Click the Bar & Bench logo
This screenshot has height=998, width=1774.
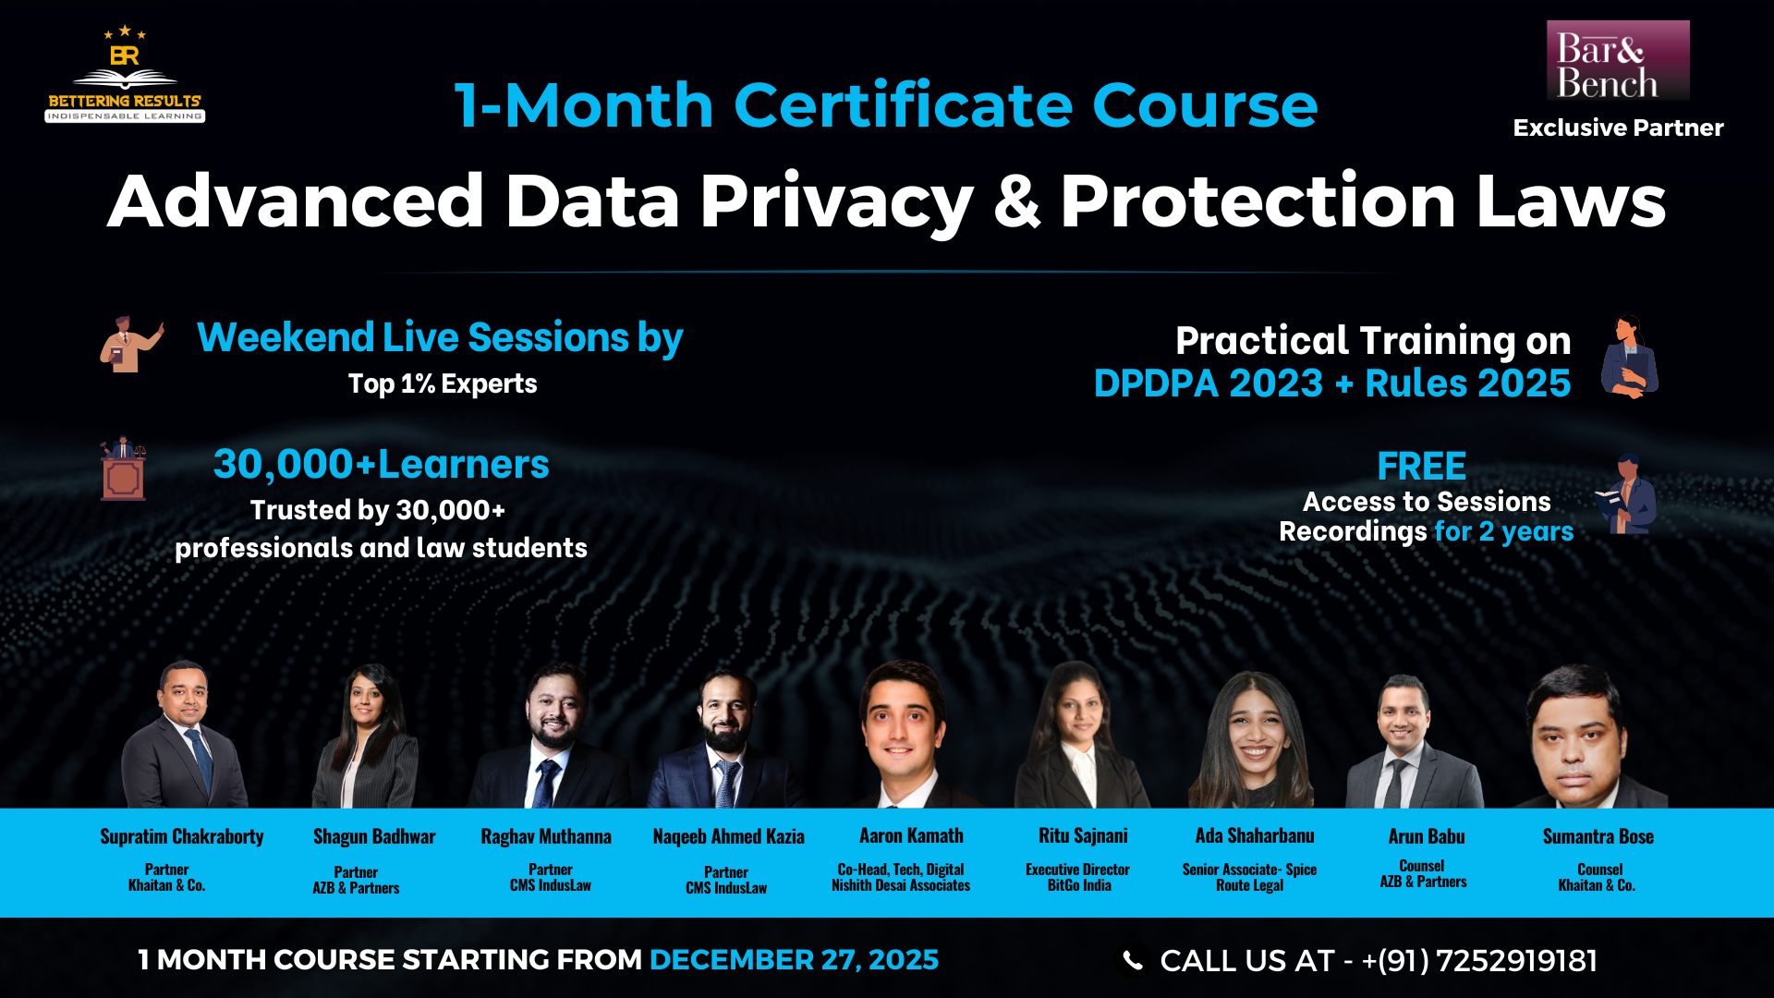point(1618,60)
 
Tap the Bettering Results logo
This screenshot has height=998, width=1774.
point(125,74)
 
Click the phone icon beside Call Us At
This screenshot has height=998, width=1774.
point(1132,961)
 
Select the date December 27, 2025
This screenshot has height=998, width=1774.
point(794,960)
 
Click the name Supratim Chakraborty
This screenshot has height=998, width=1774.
point(182,837)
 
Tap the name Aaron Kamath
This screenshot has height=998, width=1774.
point(911,836)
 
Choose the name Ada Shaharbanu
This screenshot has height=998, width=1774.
point(1255,836)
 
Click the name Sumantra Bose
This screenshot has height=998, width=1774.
point(1598,837)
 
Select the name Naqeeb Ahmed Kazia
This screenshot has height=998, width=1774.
point(728,837)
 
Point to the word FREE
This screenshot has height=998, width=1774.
point(1422,467)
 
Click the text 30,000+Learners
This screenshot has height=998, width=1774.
point(382,465)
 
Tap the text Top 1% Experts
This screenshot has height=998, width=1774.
point(443,383)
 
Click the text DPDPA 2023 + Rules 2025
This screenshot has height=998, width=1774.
point(1332,383)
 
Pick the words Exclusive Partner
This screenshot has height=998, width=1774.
point(1618,128)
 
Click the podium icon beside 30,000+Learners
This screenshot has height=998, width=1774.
point(123,469)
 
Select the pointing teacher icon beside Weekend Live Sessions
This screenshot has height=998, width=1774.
point(132,345)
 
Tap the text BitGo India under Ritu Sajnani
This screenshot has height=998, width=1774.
point(1079,885)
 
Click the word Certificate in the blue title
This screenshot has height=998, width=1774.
point(903,105)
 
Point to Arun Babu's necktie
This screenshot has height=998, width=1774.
point(1397,784)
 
